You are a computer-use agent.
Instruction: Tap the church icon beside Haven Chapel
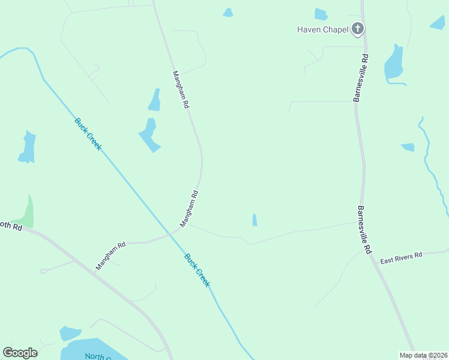[x=358, y=28]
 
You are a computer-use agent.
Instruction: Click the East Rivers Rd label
[x=401, y=258]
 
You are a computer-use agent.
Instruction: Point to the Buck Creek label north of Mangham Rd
[x=88, y=134]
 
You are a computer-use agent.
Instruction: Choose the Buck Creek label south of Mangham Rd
[x=197, y=271]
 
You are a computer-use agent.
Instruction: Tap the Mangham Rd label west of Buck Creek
[x=111, y=255]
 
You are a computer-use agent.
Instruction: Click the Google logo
[x=20, y=352]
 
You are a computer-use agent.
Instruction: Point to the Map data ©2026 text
[x=423, y=355]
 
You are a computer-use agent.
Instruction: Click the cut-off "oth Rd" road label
[x=11, y=226]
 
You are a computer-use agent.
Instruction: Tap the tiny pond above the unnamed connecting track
[x=255, y=220]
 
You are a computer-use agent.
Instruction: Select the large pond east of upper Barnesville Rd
[x=394, y=64]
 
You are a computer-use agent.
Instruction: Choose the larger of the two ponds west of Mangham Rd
[x=149, y=135]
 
